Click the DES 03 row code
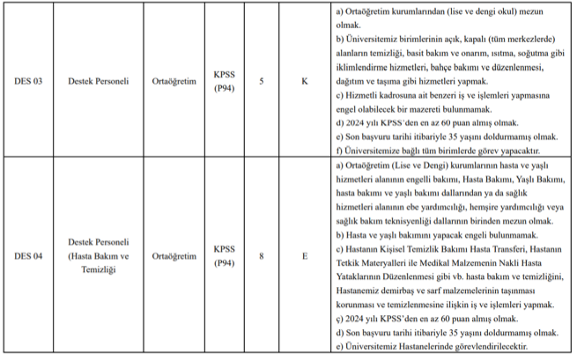(30, 82)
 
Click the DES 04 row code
(30, 256)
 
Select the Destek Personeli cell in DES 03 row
(99, 82)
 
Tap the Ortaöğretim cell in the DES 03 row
(174, 82)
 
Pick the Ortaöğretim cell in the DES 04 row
(174, 256)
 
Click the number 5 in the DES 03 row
(262, 82)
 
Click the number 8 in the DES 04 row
(262, 256)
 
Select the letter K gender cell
(304, 82)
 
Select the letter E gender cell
(304, 256)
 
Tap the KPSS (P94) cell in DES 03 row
(224, 82)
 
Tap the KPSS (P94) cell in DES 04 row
(224, 256)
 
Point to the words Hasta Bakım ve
(99, 256)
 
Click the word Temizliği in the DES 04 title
(99, 270)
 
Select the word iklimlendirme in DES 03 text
(368, 68)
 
